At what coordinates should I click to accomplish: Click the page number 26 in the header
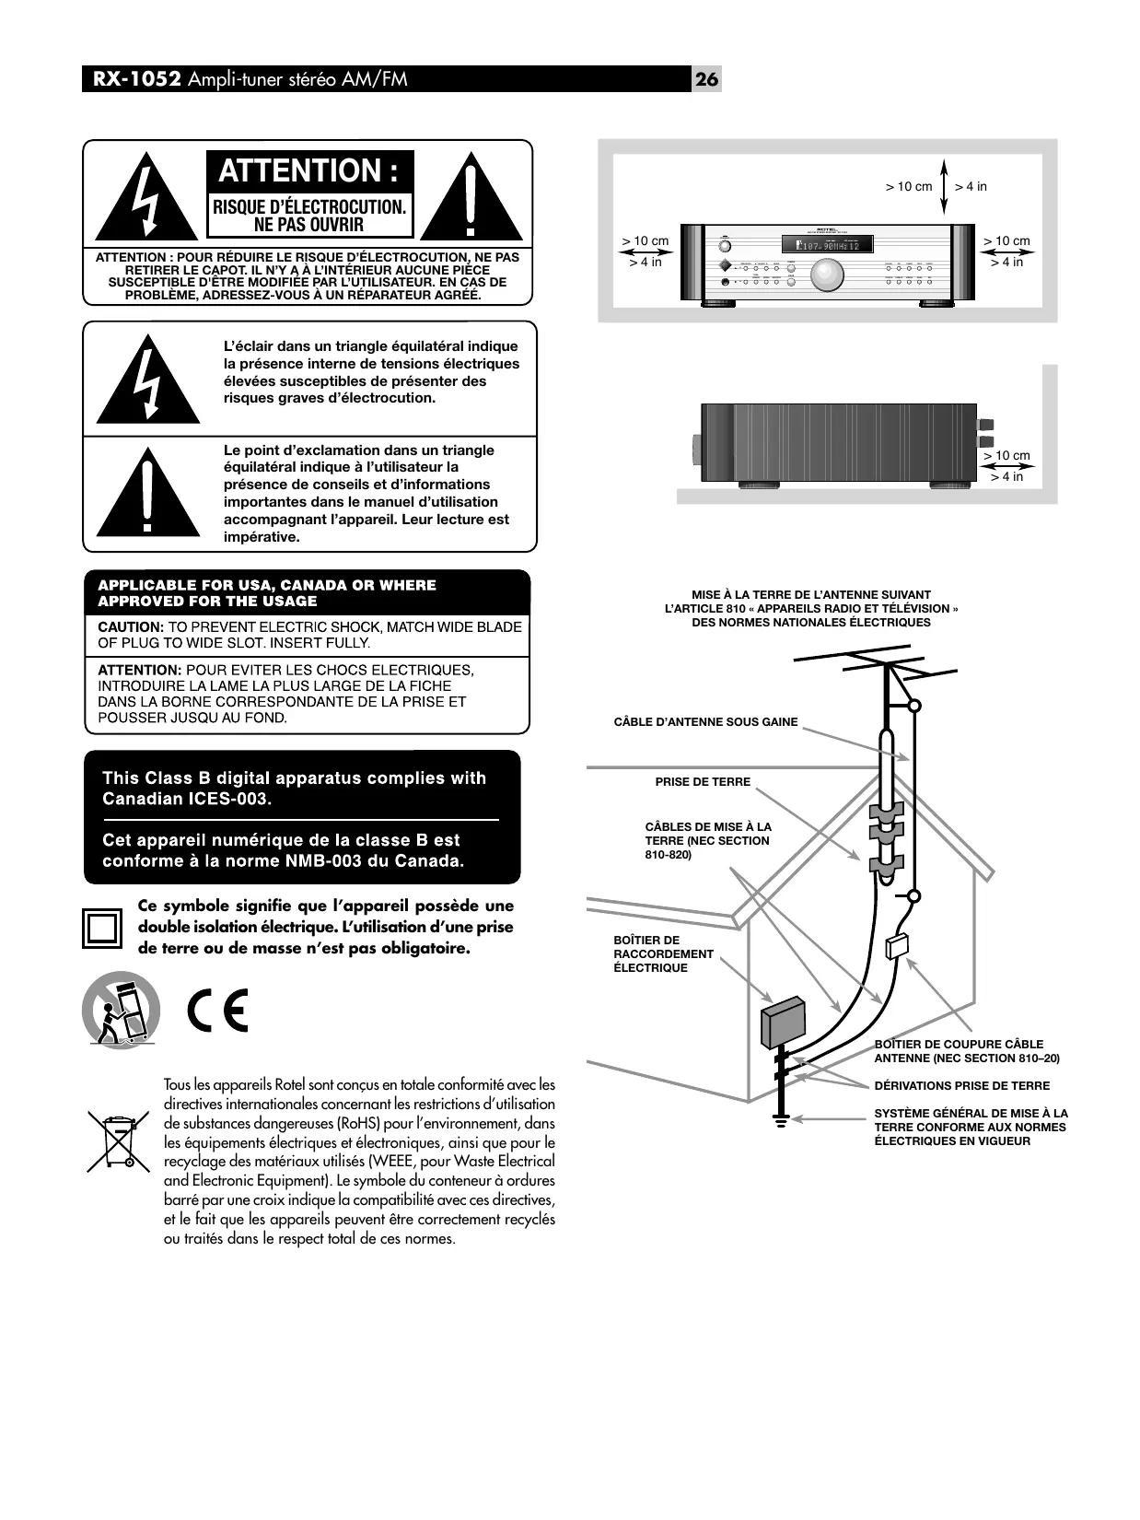coord(706,79)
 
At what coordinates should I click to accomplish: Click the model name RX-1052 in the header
coord(135,79)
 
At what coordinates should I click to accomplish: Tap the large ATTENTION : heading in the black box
coord(308,171)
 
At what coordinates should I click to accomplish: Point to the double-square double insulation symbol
coord(101,928)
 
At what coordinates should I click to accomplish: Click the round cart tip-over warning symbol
coord(121,1010)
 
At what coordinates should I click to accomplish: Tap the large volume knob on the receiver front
coord(827,274)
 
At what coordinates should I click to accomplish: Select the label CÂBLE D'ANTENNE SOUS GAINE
coord(705,722)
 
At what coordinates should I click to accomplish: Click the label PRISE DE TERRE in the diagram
coord(703,782)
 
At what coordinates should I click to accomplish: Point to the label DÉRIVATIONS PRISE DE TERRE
coord(961,1086)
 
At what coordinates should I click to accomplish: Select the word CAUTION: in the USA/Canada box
coord(131,627)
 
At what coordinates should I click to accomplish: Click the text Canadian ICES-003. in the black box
coord(187,799)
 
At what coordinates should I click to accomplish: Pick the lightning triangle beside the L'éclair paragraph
coord(147,380)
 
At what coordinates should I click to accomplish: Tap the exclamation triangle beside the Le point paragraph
coord(147,493)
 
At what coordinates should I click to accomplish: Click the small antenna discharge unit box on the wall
coord(897,947)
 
